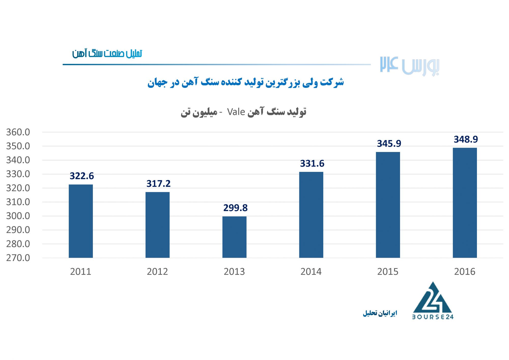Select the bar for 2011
tap(81, 221)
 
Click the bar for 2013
tap(234, 237)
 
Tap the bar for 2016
tap(465, 203)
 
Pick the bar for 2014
tap(311, 215)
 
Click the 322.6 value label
tap(82, 176)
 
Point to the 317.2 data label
tap(158, 184)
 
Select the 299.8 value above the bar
tap(235, 208)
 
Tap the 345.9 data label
tap(389, 144)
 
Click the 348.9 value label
tap(466, 139)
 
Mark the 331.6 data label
tap(312, 163)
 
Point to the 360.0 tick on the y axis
tap(18, 132)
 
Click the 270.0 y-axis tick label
tap(18, 258)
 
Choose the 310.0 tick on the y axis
tap(18, 202)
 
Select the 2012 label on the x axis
tap(157, 272)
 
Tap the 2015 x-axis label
tap(388, 272)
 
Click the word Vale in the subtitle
tap(236, 112)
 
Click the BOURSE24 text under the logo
tap(433, 317)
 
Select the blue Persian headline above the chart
tap(245, 82)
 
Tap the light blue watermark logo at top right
tap(409, 66)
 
